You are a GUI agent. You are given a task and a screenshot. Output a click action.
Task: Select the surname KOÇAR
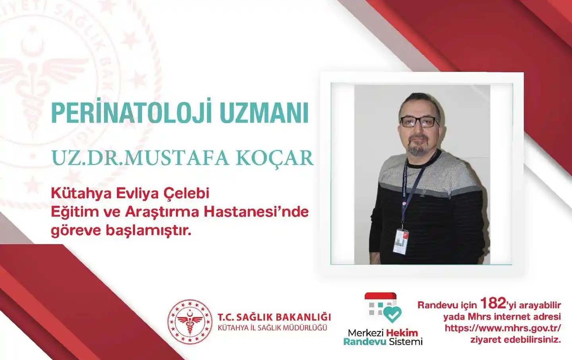point(274,158)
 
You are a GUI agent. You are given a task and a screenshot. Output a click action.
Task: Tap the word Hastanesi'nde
point(256,212)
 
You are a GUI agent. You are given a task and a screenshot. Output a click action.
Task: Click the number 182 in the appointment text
point(493,304)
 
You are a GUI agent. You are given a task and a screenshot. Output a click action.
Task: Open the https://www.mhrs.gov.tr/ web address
point(502,328)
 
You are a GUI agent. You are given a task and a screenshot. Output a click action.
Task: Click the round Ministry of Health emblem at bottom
point(190,322)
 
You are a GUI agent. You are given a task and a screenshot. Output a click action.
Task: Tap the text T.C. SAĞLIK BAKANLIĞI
point(274,317)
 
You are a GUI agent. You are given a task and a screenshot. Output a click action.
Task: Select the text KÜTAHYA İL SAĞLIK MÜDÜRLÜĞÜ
point(272,328)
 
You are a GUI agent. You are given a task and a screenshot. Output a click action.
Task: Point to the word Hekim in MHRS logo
point(402,333)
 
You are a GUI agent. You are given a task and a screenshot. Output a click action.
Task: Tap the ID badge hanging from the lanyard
point(400,241)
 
